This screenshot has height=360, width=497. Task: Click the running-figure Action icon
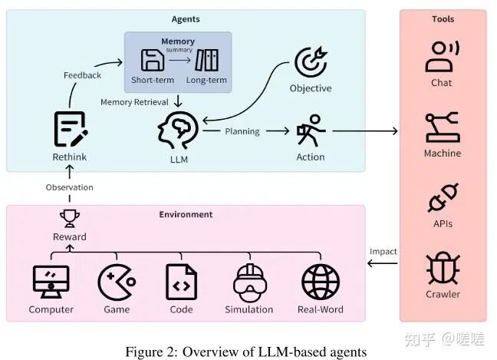[311, 131]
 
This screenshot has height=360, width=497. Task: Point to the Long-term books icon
[207, 60]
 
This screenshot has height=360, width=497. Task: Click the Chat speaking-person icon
[443, 55]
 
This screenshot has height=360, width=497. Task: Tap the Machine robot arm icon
[443, 125]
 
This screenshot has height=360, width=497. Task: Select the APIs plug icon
[443, 197]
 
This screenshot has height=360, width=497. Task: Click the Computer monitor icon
[51, 282]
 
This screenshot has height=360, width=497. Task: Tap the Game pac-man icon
[117, 282]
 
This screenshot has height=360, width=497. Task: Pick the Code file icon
[181, 282]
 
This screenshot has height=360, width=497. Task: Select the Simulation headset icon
[248, 282]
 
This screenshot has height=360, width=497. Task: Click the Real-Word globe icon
[321, 282]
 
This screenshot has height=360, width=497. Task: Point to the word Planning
[242, 131]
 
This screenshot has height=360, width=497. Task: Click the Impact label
[383, 251]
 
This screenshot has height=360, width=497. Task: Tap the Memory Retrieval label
[135, 101]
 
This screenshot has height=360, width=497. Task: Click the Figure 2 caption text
[245, 351]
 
